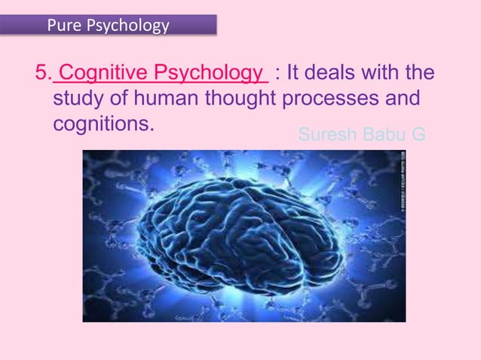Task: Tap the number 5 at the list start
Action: (41, 74)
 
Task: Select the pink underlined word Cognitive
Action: (104, 74)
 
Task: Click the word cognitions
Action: (103, 124)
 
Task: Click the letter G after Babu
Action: (418, 135)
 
